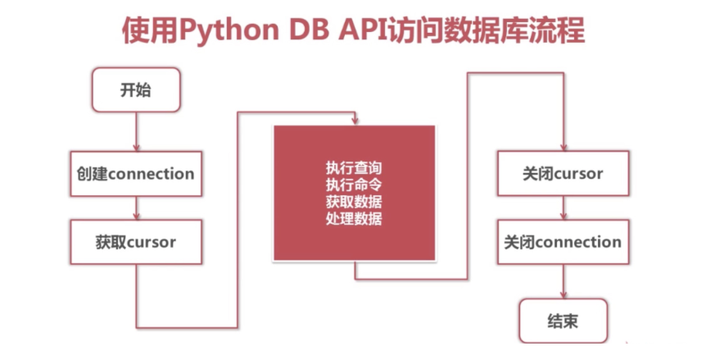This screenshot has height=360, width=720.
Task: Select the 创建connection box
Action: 134,173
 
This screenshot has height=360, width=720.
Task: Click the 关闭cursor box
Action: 564,173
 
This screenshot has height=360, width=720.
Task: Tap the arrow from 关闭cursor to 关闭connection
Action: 564,208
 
